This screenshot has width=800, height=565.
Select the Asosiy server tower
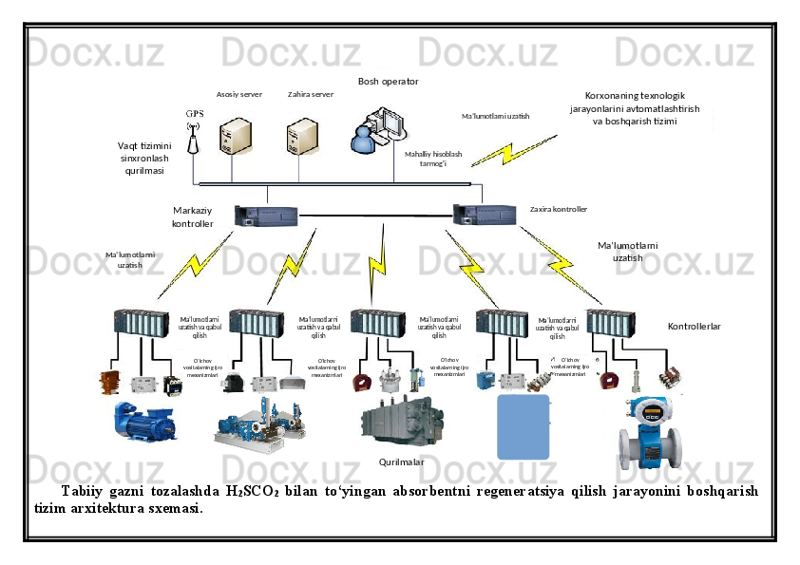235,137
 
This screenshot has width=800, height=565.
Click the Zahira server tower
304,137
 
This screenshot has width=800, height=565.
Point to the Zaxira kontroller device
484,215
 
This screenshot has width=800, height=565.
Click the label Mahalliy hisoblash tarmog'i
432,158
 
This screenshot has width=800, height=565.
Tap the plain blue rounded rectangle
524,427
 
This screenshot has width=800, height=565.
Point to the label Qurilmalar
401,461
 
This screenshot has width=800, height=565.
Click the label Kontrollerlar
694,326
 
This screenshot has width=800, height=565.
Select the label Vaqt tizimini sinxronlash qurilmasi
144,158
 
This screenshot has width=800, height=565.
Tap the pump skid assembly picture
259,426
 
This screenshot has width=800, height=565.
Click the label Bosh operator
388,82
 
